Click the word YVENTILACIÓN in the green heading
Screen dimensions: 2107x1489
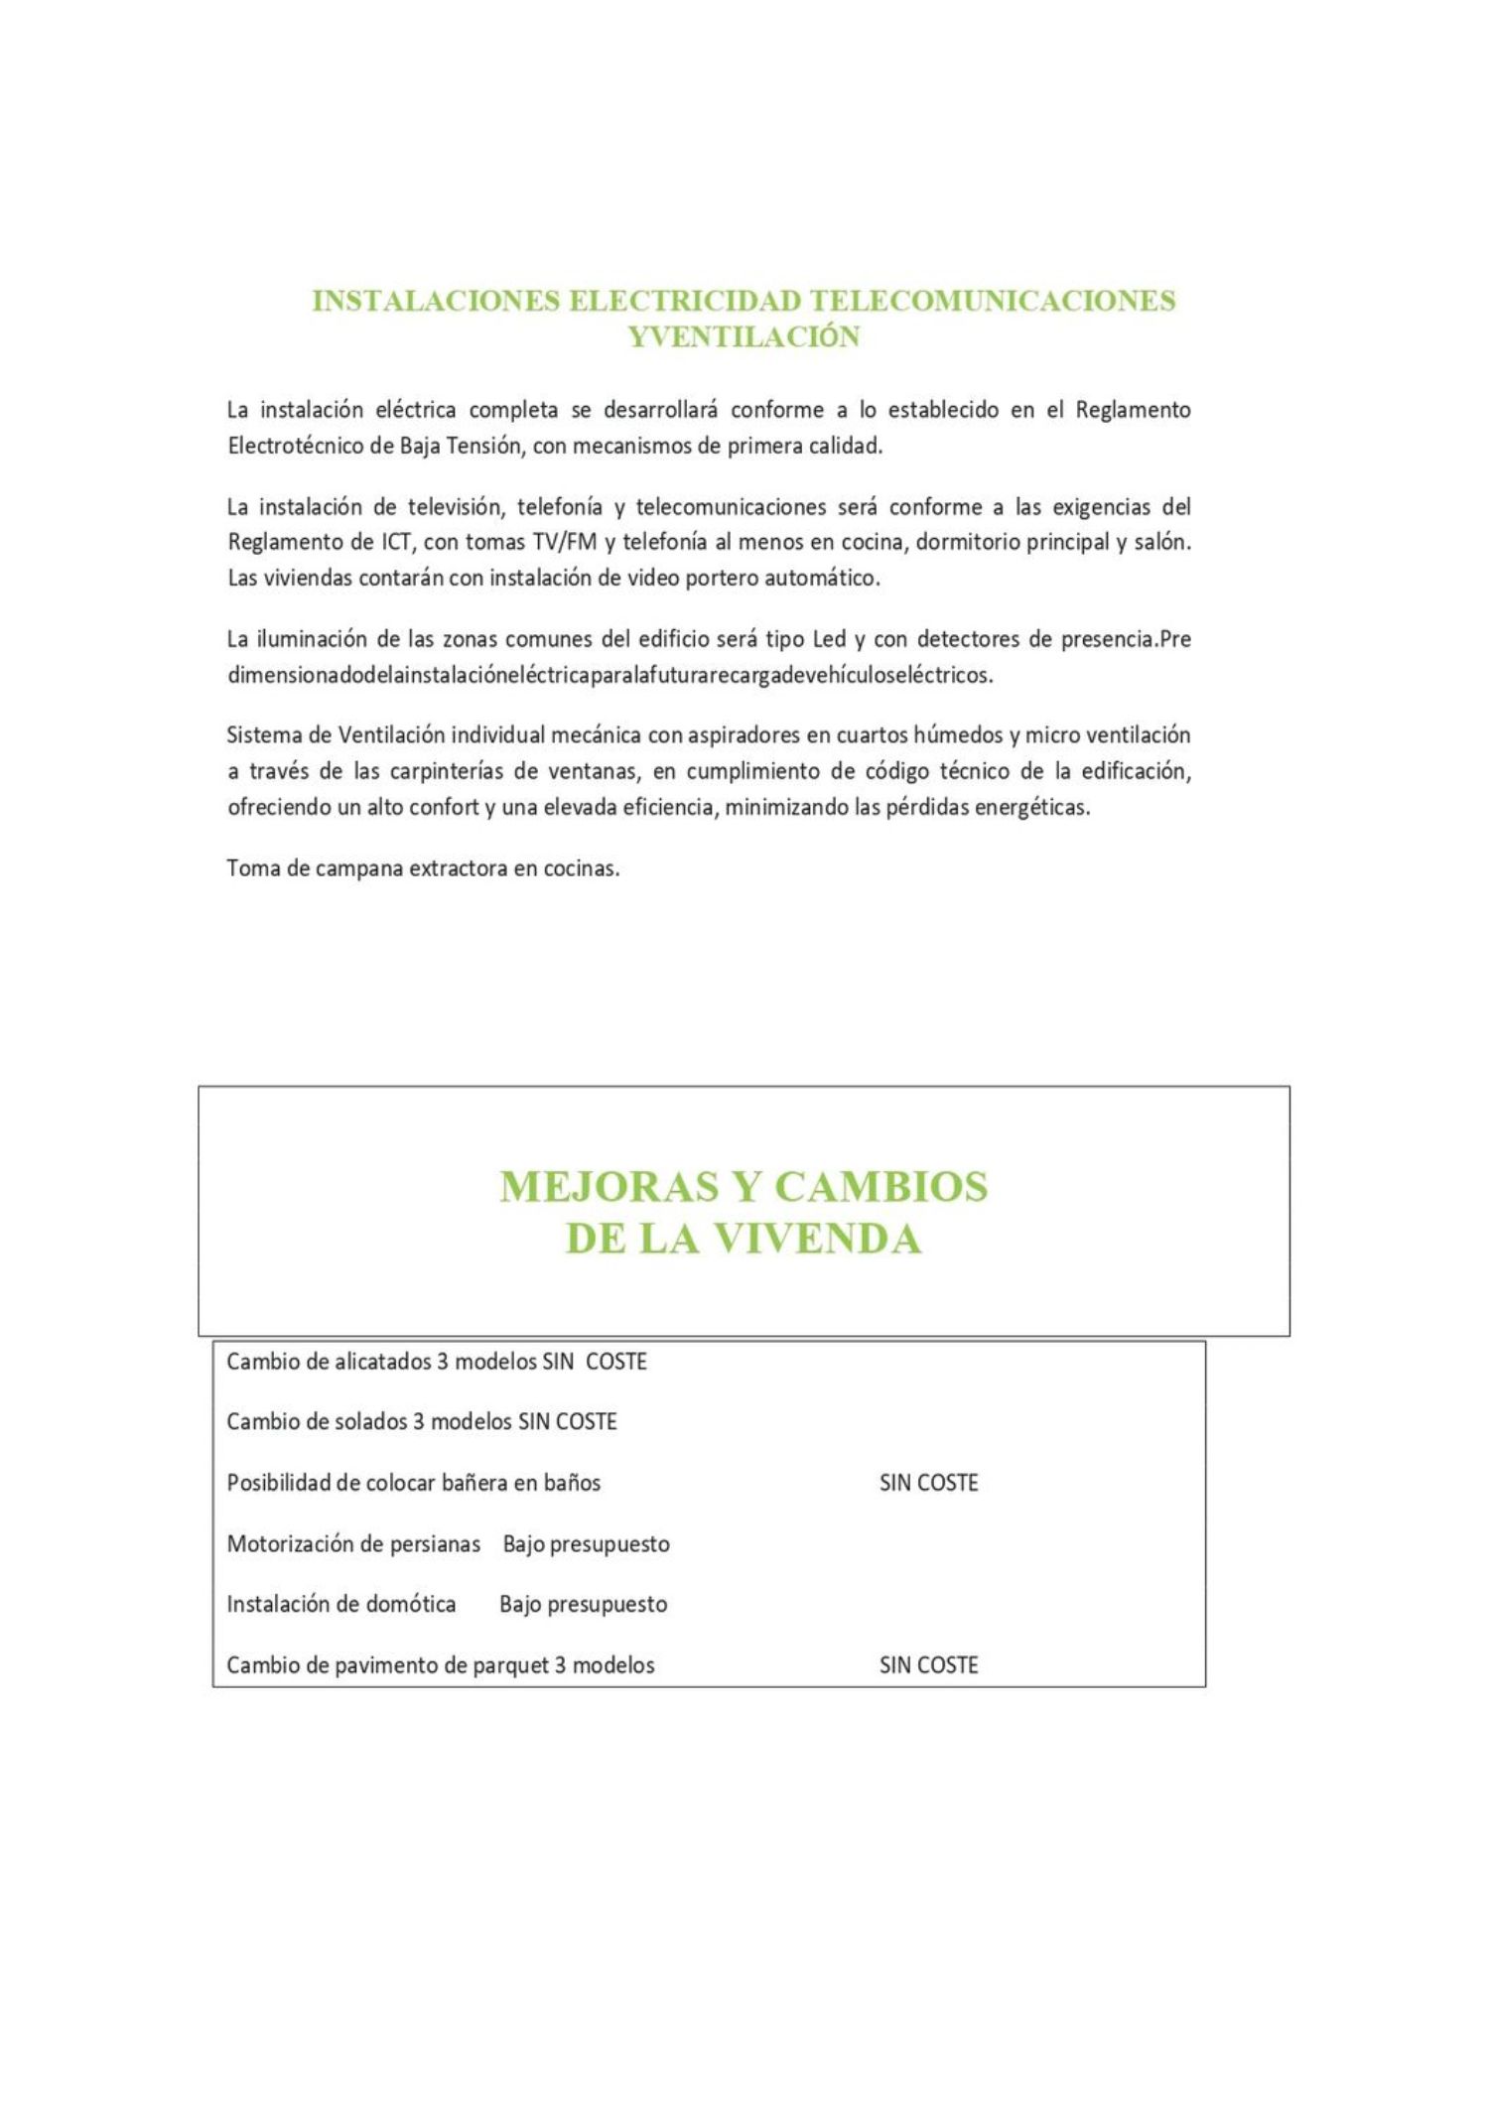[x=744, y=337]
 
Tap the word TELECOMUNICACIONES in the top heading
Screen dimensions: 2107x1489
[x=993, y=301]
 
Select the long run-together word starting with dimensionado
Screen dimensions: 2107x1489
[x=609, y=676]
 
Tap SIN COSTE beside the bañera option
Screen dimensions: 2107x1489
[x=928, y=1483]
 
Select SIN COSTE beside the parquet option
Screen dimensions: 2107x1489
[x=928, y=1664]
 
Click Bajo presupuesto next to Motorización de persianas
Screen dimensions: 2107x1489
[x=586, y=1544]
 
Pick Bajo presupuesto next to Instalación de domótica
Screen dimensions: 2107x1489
[x=583, y=1604]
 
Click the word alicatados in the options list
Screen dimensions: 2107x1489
[x=383, y=1362]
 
